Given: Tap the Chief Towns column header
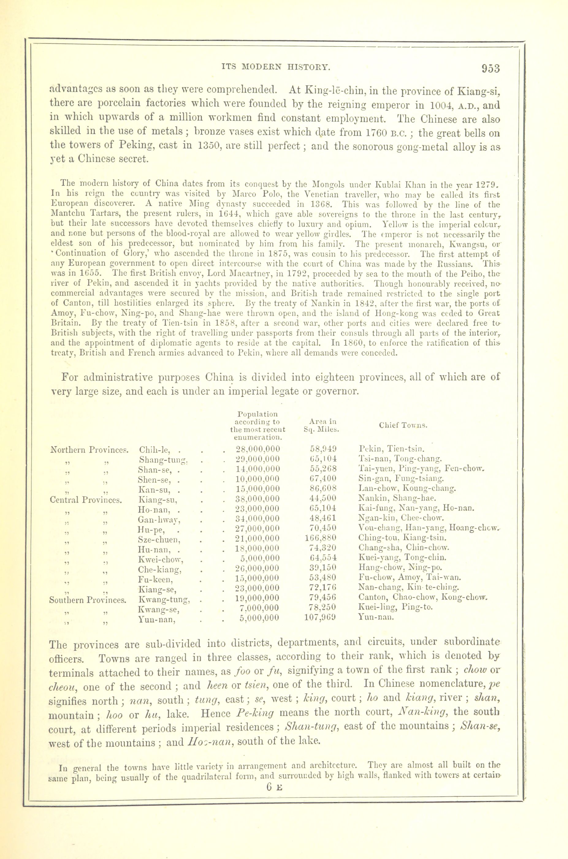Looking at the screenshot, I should (x=403, y=425).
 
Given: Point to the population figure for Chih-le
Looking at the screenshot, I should (x=258, y=449).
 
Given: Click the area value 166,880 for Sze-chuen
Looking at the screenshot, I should (x=321, y=538).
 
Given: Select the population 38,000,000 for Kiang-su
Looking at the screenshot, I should (x=258, y=498).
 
